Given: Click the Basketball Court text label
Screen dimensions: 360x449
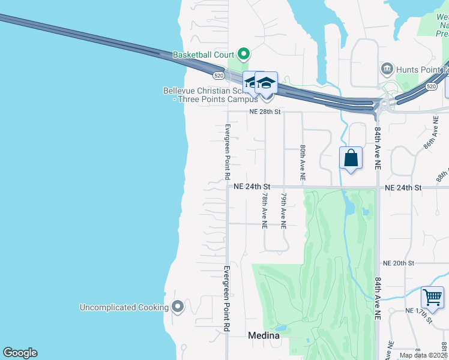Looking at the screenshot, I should [x=203, y=55].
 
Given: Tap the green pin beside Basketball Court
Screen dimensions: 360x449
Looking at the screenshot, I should [x=243, y=55].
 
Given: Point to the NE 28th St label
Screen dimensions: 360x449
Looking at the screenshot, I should [x=265, y=112].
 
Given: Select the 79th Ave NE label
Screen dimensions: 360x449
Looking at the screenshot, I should [x=283, y=210].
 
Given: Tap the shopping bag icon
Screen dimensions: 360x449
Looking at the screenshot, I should [x=351, y=158].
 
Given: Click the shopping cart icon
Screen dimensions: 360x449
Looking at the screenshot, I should [x=432, y=297].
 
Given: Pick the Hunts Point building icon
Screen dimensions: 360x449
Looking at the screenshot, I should [x=387, y=70].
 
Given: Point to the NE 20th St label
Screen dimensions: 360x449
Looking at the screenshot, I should [x=399, y=263].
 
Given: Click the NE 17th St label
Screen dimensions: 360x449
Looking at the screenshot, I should [x=420, y=313].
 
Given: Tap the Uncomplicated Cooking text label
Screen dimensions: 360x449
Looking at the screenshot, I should [x=124, y=307].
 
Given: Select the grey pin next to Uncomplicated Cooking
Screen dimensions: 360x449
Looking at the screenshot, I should [x=177, y=307].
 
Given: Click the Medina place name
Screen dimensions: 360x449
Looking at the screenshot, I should [x=264, y=336].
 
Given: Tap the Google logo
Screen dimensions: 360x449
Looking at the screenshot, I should [x=20, y=353].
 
